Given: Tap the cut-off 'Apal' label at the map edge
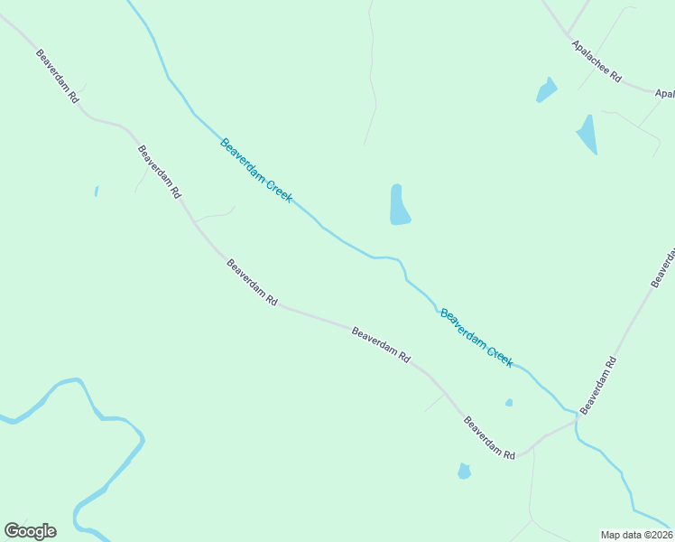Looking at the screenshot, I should point(664,93).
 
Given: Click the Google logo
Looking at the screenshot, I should point(30,531).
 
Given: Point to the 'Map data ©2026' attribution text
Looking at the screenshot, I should point(636,535).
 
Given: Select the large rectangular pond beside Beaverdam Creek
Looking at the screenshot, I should point(399,205).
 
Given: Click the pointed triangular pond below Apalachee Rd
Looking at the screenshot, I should point(587,134).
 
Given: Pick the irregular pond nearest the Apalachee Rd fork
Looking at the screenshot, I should point(546,89).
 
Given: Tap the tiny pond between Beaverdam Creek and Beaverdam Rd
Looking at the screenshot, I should point(509,402).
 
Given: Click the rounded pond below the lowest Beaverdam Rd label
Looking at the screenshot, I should point(464,471).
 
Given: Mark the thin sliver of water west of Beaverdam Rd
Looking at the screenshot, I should point(96,192).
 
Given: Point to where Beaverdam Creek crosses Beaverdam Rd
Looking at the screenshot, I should point(575,418).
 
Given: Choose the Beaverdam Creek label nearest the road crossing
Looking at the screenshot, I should point(476,338).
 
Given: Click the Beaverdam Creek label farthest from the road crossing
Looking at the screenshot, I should point(256,170).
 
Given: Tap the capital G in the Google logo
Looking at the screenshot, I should point(12,531).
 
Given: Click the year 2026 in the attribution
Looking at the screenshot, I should point(660,535).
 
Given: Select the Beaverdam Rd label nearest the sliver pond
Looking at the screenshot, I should point(160,172).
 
